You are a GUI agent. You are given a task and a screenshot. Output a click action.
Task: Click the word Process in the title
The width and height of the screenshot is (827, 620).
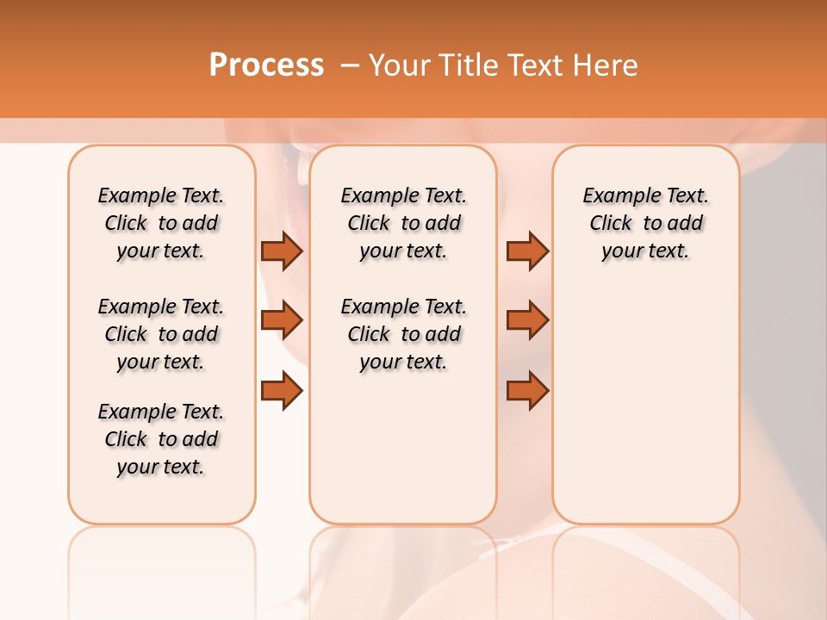click(x=266, y=65)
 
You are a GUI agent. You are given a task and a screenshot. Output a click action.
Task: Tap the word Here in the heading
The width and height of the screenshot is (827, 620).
click(x=606, y=65)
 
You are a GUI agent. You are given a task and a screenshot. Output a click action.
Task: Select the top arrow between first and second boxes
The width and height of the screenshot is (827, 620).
click(x=281, y=251)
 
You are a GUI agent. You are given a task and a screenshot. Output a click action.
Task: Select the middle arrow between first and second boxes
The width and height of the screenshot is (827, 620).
click(x=281, y=320)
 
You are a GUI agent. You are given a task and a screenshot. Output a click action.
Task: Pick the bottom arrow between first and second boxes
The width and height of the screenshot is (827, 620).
click(x=281, y=391)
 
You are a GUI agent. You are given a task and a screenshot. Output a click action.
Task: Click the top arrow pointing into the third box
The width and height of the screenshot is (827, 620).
click(x=527, y=251)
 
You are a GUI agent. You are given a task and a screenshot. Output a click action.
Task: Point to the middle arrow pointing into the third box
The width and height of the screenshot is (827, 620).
click(x=527, y=320)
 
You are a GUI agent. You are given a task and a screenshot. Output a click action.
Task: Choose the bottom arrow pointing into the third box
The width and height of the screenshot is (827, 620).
click(x=527, y=391)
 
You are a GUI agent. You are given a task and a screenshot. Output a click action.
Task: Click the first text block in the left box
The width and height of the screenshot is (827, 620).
click(x=161, y=223)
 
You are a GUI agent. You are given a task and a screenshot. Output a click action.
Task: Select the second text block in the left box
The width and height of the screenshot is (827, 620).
click(x=161, y=334)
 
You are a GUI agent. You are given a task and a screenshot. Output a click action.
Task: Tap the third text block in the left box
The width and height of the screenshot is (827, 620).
click(x=161, y=439)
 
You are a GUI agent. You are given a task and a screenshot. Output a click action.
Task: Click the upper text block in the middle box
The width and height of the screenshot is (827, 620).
click(x=403, y=223)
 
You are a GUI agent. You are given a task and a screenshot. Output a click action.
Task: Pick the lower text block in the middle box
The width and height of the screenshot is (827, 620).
click(x=403, y=334)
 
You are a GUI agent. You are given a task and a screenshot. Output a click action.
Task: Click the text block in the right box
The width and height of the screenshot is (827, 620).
click(x=645, y=223)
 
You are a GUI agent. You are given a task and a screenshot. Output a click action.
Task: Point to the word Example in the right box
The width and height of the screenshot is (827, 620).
click(x=615, y=196)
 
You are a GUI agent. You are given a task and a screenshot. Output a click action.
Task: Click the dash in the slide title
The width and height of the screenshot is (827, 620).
click(x=350, y=65)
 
